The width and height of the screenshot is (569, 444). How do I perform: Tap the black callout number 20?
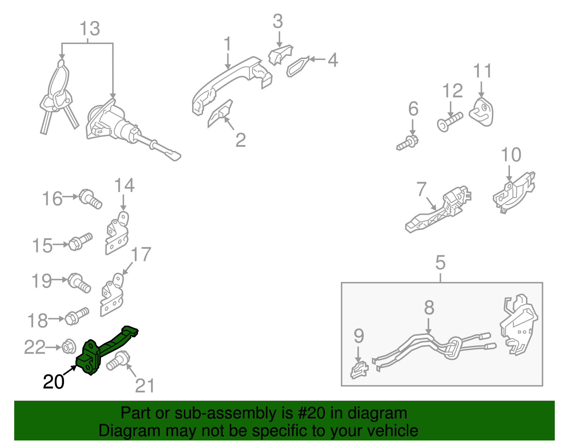point(53,382)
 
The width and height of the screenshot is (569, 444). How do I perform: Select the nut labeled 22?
point(69,347)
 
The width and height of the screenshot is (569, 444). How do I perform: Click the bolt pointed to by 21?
point(118,361)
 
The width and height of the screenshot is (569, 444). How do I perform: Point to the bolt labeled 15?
point(80,241)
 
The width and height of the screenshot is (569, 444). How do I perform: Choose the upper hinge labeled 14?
point(117,233)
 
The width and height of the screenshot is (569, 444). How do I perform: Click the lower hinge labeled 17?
point(112,295)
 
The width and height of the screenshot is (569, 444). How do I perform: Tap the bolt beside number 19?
point(79,283)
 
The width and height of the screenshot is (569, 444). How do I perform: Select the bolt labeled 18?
point(77,316)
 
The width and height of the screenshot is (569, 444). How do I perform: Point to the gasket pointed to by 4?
point(298,67)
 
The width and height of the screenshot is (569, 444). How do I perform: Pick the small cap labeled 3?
point(281,55)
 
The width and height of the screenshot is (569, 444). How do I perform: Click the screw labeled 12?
point(450,122)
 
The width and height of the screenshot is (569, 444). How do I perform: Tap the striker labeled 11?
point(481,112)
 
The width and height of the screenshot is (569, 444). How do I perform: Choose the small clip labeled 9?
point(359,369)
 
